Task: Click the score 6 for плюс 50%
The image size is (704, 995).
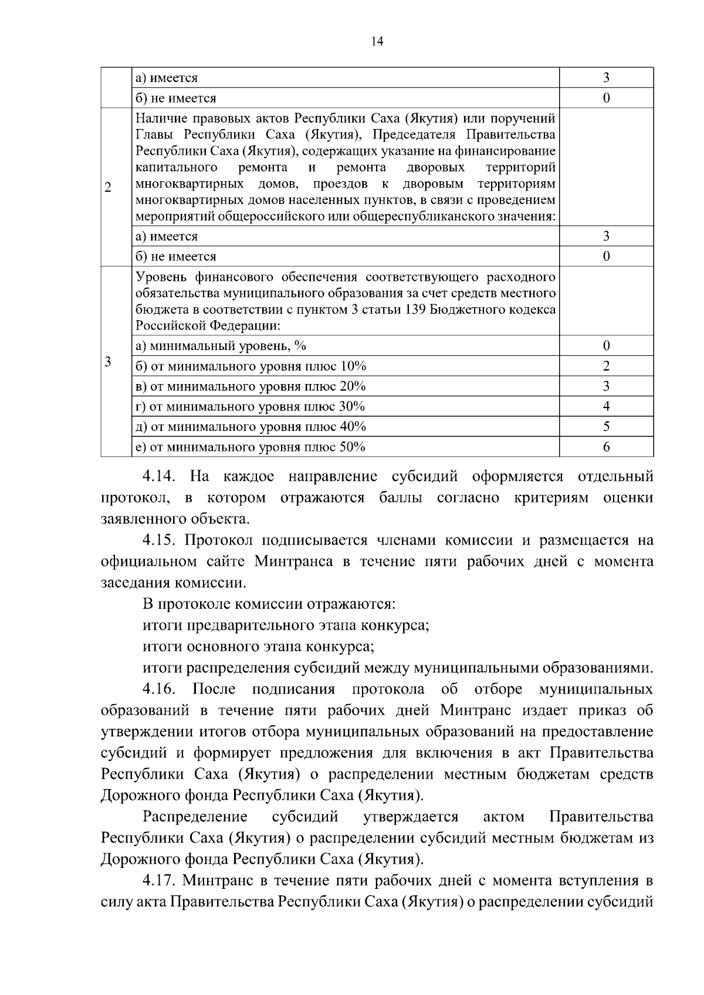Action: tap(606, 447)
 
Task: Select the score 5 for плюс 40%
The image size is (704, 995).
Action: tap(606, 427)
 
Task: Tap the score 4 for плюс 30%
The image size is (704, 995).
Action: tap(606, 406)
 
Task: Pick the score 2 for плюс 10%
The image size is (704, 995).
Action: tap(606, 366)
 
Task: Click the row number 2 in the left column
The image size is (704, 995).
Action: tap(108, 188)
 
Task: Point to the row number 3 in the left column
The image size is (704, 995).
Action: tap(108, 362)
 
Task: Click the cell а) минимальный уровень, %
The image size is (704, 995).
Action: tap(221, 346)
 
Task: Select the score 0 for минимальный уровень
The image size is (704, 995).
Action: tap(606, 346)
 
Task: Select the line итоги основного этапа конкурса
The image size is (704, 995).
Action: tap(259, 647)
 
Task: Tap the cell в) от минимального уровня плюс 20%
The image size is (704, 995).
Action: tap(251, 386)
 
